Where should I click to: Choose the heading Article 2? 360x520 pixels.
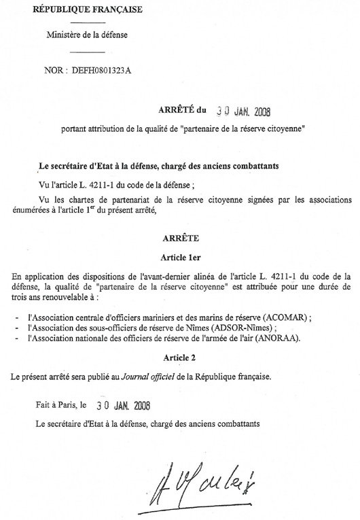(180, 357)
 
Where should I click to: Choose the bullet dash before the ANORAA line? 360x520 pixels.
(15, 338)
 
